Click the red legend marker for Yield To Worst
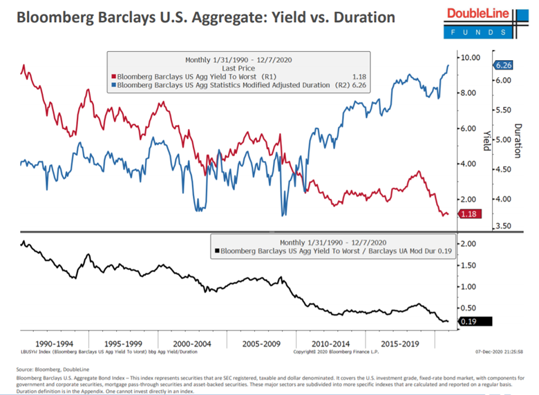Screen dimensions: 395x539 click(114, 77)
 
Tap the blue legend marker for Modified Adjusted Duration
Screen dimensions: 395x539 click(114, 86)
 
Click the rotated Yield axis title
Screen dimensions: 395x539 click(486, 139)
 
